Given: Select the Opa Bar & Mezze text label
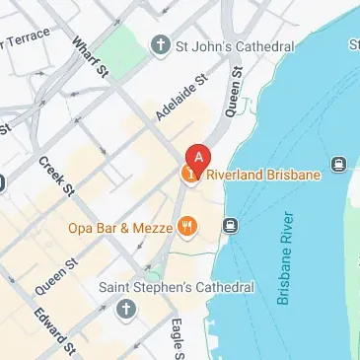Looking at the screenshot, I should coord(119,228).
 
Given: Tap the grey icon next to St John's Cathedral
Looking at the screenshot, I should coord(160,45).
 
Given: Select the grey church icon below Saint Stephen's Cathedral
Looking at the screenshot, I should coord(125,309).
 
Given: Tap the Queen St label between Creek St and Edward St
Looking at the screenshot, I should coord(56,276).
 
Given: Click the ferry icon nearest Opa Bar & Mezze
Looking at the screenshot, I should coord(231,226).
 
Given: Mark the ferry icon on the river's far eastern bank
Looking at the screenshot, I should coord(339,164).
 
